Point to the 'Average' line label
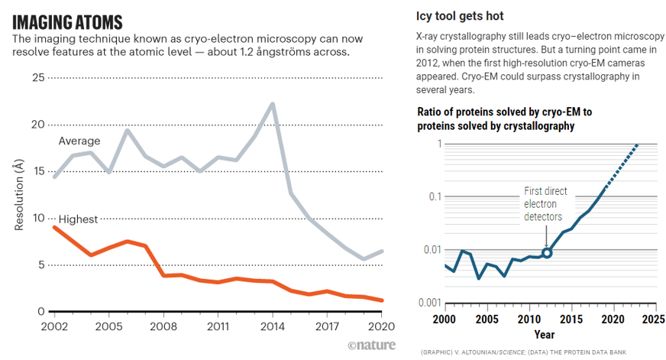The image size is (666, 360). coord(79,141)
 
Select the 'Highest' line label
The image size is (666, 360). coord(78,219)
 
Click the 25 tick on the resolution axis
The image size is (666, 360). coord(38,77)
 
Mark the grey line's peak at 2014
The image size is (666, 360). coord(272,103)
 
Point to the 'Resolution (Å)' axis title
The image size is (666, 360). coord(18,194)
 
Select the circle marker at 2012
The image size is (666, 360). coord(547,252)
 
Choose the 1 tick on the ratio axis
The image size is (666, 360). coord(439,144)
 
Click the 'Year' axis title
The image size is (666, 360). coord(544,334)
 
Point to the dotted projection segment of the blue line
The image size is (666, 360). coord(619,165)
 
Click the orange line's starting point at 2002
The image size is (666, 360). coord(53,227)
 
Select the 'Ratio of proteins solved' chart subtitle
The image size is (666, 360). coord(504,118)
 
